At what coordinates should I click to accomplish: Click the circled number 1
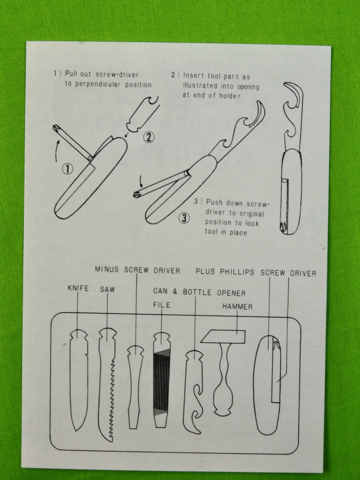[x=67, y=169]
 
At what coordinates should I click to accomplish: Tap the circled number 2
[x=149, y=137]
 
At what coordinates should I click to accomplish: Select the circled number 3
[x=184, y=218]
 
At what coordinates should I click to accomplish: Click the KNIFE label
[x=78, y=288]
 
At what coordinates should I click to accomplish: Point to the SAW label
[x=107, y=289]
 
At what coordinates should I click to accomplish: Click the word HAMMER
[x=238, y=307]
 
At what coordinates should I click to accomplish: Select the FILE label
[x=162, y=305]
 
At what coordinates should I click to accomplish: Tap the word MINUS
[x=106, y=270]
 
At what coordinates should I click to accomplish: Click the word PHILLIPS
[x=237, y=272]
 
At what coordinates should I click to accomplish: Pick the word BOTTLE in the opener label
[x=197, y=292]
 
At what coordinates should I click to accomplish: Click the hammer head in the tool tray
[x=223, y=337]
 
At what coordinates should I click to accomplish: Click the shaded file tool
[x=162, y=380]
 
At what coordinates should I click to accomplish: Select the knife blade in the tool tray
[x=79, y=380]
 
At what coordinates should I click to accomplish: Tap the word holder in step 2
[x=230, y=96]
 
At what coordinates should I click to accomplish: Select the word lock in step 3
[x=252, y=223]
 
